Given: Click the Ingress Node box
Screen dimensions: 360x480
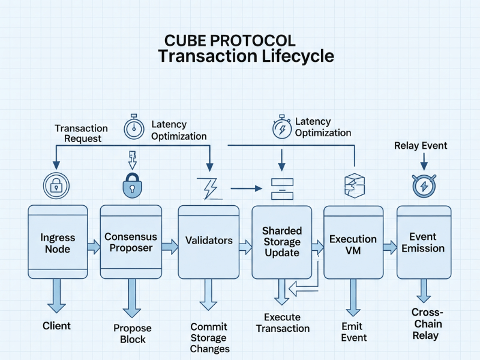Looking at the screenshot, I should pyautogui.click(x=58, y=242).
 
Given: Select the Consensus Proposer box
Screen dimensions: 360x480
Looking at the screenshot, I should pyautogui.click(x=131, y=242).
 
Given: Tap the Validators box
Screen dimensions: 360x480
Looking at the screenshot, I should pyautogui.click(x=209, y=241).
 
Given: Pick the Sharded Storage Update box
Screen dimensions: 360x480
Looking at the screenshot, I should pyautogui.click(x=281, y=242).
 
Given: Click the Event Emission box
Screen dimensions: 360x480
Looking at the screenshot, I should pyautogui.click(x=423, y=242).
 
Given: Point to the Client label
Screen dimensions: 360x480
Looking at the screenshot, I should pyautogui.click(x=56, y=326).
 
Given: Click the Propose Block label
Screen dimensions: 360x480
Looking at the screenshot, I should pyautogui.click(x=133, y=334).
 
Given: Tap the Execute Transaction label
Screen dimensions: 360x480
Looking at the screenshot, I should pyautogui.click(x=283, y=323).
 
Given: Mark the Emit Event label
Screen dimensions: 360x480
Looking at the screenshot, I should pyautogui.click(x=353, y=332).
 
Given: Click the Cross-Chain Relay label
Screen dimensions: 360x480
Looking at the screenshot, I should pyautogui.click(x=427, y=324).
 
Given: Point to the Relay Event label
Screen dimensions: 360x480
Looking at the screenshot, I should pyautogui.click(x=421, y=146).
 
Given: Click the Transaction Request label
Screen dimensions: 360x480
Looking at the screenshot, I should pyautogui.click(x=81, y=133).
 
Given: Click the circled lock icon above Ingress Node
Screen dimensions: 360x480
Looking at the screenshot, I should pyautogui.click(x=57, y=185).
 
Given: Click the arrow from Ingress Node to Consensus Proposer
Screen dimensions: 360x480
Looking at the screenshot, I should pyautogui.click(x=93, y=246).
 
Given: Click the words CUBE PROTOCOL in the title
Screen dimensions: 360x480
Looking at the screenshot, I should pyautogui.click(x=230, y=41).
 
